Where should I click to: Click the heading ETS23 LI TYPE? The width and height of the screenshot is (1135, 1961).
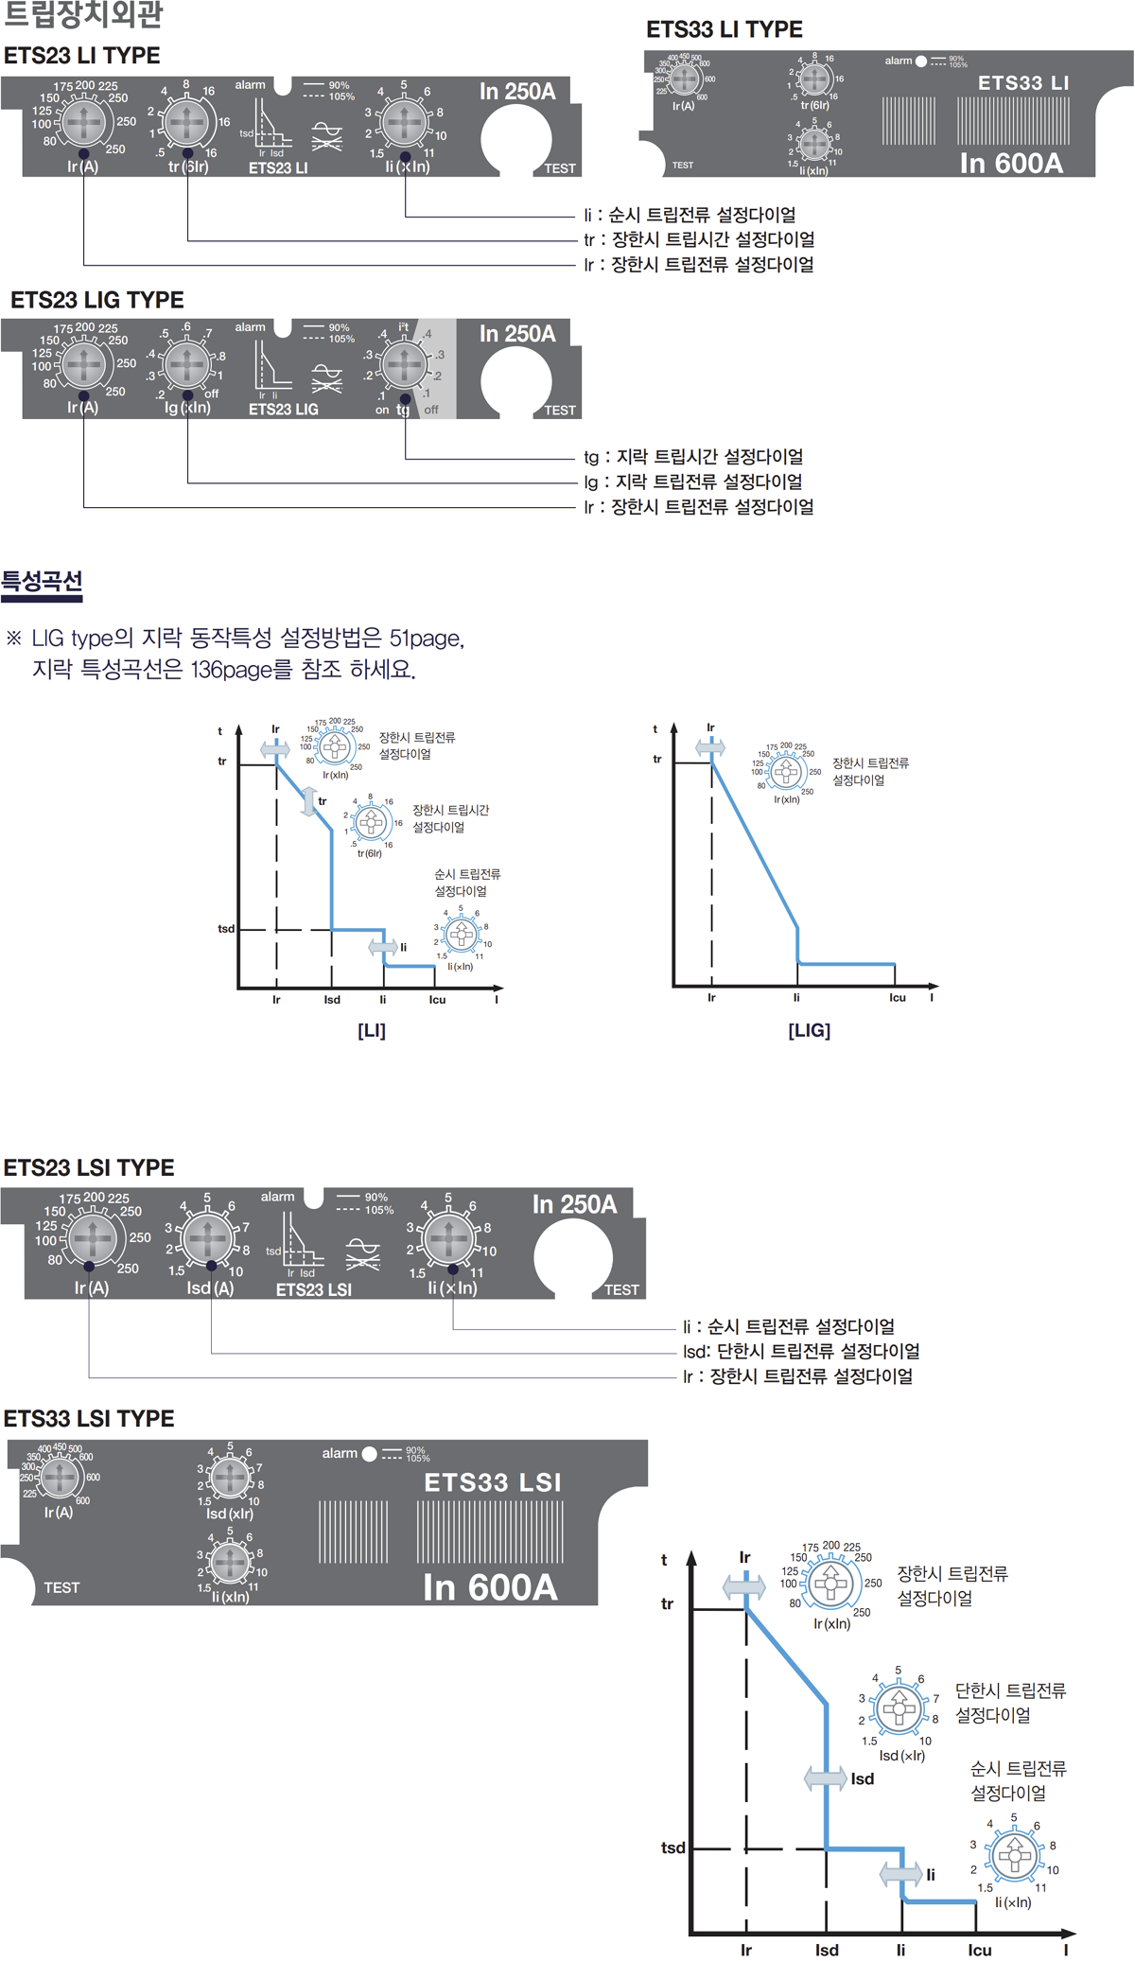82,56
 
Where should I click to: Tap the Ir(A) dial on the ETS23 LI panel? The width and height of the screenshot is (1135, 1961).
83,123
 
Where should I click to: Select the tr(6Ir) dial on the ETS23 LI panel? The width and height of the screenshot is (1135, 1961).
186,122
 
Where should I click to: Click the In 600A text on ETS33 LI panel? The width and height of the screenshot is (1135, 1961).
1011,163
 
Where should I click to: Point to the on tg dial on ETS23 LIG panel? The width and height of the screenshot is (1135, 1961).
404,364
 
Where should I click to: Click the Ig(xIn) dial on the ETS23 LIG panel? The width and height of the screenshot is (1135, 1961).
186,364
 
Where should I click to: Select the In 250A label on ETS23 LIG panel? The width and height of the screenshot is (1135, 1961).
516,334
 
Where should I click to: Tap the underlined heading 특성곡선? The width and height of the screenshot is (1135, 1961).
42,581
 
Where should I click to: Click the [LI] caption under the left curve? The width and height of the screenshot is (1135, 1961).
372,1030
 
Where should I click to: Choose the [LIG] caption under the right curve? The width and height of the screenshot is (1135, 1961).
809,1030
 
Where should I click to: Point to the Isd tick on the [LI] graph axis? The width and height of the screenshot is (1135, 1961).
332,999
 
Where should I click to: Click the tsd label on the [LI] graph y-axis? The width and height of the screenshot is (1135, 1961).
226,929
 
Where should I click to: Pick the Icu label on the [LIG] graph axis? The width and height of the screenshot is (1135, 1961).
897,997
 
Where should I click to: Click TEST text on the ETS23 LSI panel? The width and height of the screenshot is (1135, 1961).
621,1289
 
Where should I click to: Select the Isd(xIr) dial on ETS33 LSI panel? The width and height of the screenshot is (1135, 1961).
229,1477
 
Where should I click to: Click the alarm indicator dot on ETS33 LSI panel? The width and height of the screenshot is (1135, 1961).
369,1454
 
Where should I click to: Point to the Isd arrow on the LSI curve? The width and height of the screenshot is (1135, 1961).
825,1778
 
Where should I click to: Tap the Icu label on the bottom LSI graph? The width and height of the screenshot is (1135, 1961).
979,1950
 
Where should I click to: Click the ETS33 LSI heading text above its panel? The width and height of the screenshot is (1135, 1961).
89,1418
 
